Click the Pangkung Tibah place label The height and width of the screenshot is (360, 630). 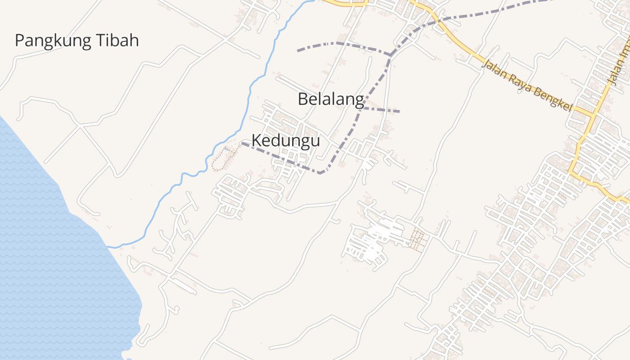(77, 40)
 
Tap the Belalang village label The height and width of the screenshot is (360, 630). (331, 99)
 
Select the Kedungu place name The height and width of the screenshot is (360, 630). (286, 140)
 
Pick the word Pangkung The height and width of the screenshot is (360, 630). (54, 40)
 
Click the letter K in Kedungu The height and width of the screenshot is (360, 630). (256, 140)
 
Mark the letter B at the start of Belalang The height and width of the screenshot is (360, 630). (303, 99)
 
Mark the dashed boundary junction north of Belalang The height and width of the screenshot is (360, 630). (390, 55)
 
